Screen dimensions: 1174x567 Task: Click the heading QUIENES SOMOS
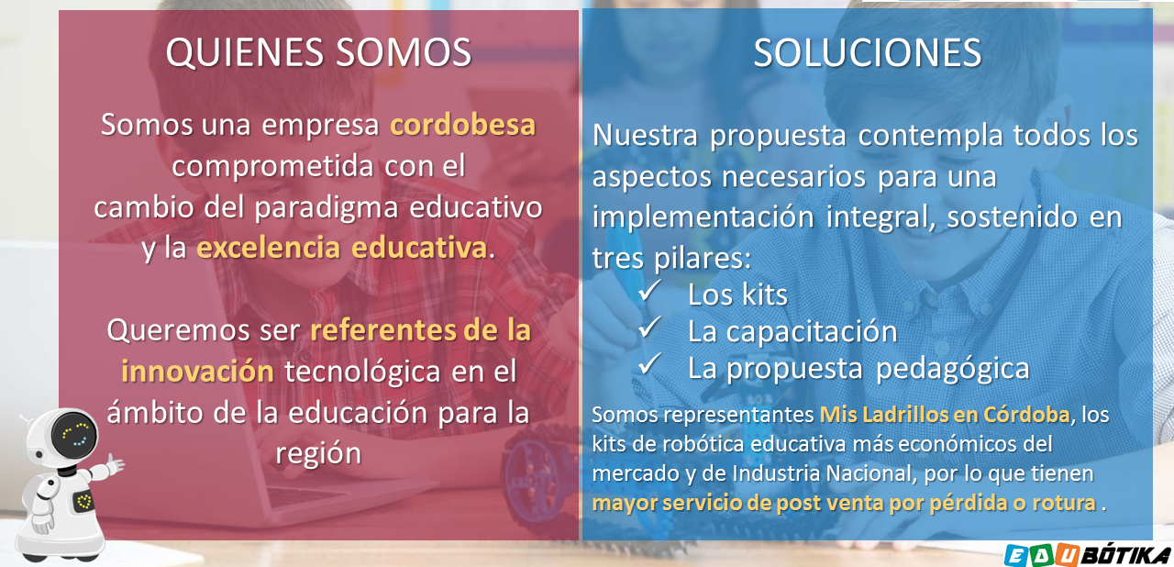point(318,52)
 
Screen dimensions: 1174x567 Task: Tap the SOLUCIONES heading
point(868,53)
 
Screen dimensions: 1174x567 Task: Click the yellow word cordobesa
point(463,125)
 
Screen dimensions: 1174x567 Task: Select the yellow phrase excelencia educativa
point(342,248)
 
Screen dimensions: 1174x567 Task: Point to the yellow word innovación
point(197,371)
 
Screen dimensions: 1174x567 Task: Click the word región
point(318,454)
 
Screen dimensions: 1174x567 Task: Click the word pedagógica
point(953,370)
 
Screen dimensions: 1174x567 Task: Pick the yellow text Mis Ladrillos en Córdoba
point(945,415)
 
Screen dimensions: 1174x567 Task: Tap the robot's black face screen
point(74,435)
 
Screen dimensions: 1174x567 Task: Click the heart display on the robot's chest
point(83,502)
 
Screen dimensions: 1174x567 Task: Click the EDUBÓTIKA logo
point(1088,555)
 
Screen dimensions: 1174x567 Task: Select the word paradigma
point(327,208)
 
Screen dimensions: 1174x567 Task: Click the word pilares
point(703,259)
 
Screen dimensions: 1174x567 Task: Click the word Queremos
point(178,331)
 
